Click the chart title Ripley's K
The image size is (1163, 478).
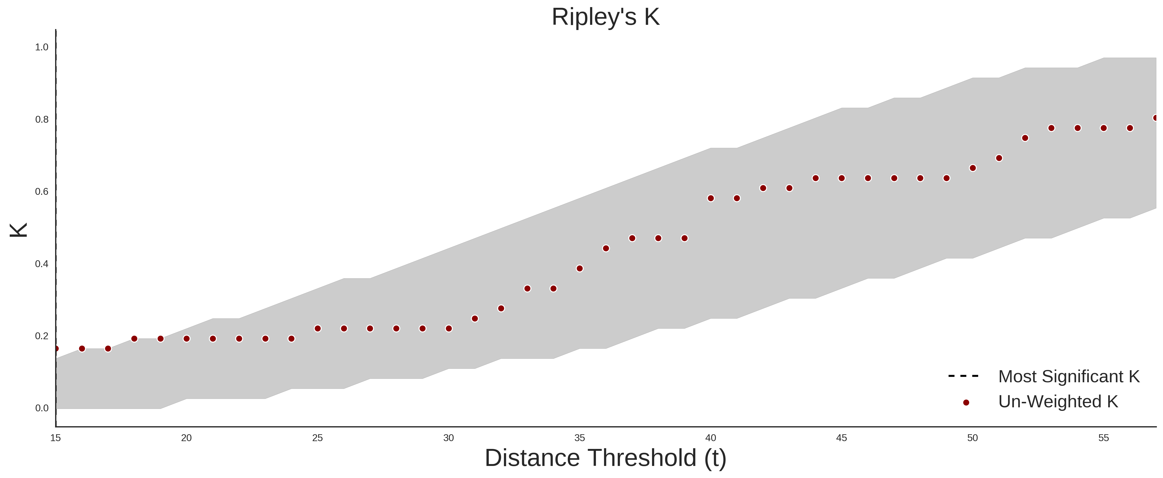pos(605,17)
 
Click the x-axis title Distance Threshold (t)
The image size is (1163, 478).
pos(605,458)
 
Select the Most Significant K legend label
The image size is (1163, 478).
pos(1069,376)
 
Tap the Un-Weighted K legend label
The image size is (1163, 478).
pos(1058,401)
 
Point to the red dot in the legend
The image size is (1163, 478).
pos(966,403)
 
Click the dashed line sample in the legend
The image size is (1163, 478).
pos(963,376)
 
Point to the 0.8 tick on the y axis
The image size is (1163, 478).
pos(42,120)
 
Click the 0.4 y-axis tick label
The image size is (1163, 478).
pos(42,264)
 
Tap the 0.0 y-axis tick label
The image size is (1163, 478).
pos(42,408)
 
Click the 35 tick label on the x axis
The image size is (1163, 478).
pos(580,438)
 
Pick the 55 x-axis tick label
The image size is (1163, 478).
pos(1103,438)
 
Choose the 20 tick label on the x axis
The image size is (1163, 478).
pos(186,438)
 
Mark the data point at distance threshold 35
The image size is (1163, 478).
pos(580,268)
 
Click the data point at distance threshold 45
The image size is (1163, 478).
pos(842,178)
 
